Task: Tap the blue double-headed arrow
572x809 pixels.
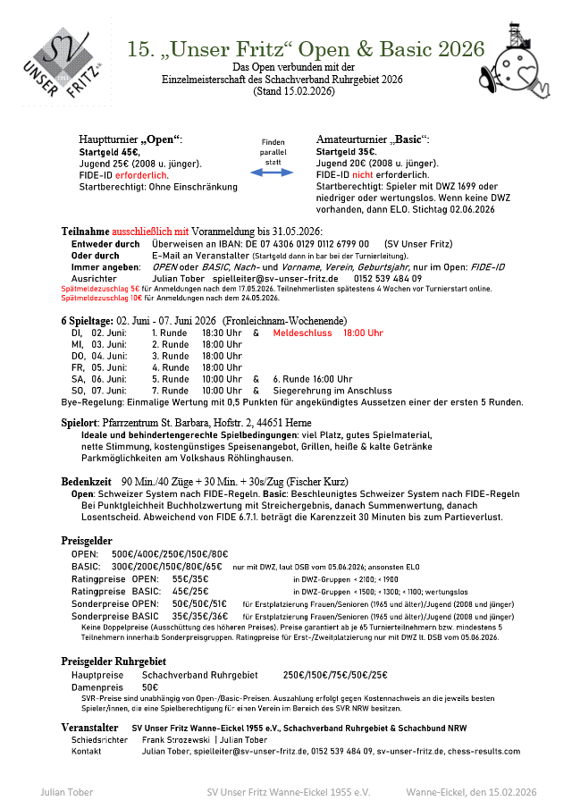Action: click(x=273, y=172)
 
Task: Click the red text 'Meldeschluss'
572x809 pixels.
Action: click(x=302, y=333)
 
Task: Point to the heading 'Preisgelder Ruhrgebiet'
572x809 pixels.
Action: click(x=114, y=661)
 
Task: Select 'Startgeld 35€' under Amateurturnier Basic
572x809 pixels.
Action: click(x=346, y=153)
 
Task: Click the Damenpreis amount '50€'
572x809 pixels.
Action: click(x=150, y=687)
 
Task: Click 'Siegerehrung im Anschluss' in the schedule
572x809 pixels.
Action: click(x=332, y=391)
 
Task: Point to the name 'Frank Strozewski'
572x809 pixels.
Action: click(x=174, y=740)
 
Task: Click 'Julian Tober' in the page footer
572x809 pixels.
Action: click(x=66, y=792)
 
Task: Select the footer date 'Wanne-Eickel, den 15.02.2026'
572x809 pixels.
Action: click(x=471, y=792)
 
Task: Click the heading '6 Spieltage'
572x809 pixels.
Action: click(x=87, y=320)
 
